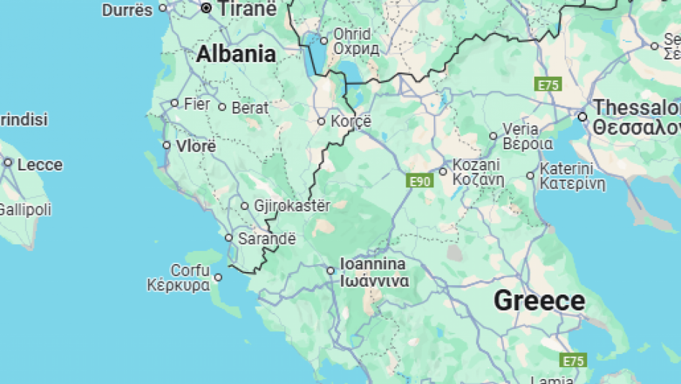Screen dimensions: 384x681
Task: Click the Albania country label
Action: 236,54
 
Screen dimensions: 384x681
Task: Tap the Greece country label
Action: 539,301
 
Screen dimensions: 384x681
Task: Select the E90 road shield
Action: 420,181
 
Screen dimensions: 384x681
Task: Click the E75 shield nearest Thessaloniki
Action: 548,85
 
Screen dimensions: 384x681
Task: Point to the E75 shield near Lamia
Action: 573,361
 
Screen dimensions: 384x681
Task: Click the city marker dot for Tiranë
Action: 206,9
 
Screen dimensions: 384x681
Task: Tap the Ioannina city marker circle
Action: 331,271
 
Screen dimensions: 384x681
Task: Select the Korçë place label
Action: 352,121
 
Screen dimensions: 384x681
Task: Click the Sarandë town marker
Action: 228,238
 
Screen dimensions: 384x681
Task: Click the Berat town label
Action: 250,108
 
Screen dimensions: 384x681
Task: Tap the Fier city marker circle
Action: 174,103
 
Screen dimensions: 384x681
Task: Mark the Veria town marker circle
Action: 494,136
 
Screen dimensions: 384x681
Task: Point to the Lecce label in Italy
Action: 40,165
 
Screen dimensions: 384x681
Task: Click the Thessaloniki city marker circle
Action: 582,116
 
